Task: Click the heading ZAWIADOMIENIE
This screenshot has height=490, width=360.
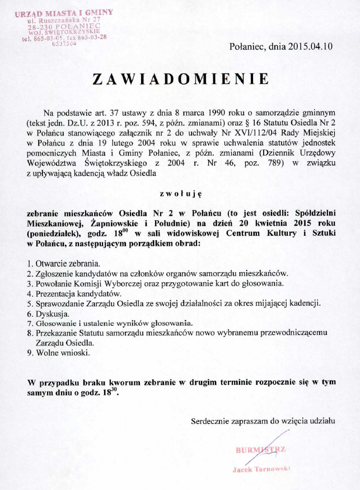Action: pyautogui.click(x=180, y=80)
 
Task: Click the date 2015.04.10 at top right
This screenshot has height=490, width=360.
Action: pyautogui.click(x=310, y=47)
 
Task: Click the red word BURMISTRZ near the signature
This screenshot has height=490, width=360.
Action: pyautogui.click(x=261, y=449)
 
